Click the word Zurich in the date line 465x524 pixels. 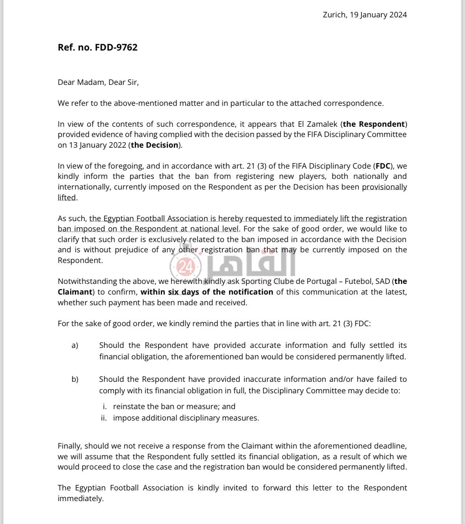(x=334, y=15)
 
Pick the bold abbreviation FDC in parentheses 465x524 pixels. (x=383, y=166)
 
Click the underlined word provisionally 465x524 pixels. (x=384, y=187)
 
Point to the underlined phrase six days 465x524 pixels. (x=183, y=292)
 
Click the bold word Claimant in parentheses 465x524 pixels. (x=75, y=292)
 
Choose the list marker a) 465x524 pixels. (x=75, y=346)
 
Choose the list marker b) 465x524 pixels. (x=75, y=379)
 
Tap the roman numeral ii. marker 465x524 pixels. (x=104, y=418)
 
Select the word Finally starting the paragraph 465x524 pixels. (x=70, y=446)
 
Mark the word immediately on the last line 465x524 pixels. (x=80, y=498)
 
